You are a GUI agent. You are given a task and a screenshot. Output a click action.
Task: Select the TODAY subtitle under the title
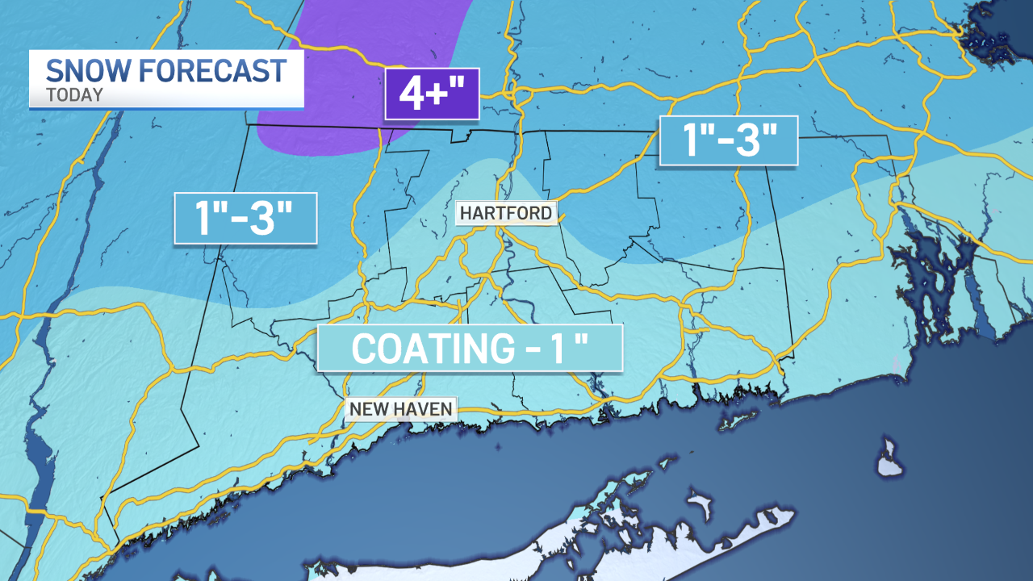[x=74, y=95]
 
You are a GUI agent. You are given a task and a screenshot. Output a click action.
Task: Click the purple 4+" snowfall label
[x=432, y=94]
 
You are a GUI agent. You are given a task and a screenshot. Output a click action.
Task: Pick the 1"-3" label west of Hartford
[x=245, y=218]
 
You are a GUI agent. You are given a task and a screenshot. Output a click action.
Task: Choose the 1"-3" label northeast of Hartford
[x=729, y=140]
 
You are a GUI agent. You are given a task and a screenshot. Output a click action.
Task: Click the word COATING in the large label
[x=428, y=349]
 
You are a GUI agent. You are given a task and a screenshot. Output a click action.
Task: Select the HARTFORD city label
[x=506, y=213]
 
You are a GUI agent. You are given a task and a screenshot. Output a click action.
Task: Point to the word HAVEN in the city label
[x=424, y=409]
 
